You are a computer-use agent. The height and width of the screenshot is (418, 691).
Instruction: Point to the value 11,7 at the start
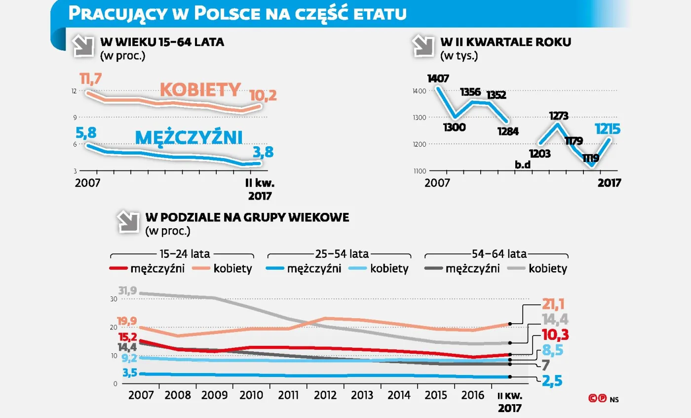[91, 79]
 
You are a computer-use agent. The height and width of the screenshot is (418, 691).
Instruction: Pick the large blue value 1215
[608, 129]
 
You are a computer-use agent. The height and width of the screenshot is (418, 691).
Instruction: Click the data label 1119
[590, 159]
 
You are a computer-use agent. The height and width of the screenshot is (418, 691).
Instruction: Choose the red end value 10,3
[556, 334]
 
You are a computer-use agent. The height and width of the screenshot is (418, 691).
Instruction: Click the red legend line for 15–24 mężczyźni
[118, 269]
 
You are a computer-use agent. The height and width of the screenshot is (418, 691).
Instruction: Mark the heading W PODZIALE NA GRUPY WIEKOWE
[247, 218]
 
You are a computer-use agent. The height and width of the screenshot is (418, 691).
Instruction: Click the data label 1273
[558, 116]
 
